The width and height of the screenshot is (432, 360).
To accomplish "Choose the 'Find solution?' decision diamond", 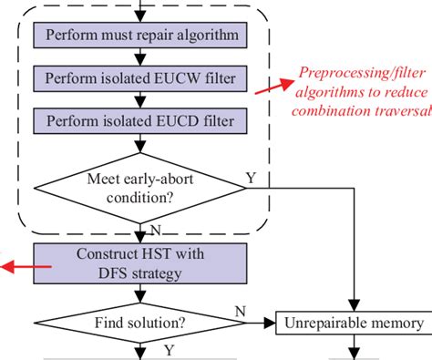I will point(139,323).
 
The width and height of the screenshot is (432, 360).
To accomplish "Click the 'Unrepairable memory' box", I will point(352,323).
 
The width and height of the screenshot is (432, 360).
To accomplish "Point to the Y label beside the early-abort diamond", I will point(251,178).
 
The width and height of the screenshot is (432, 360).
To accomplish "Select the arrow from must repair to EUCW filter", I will point(139,58).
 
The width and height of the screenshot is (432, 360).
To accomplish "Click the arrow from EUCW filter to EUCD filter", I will point(139,99).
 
